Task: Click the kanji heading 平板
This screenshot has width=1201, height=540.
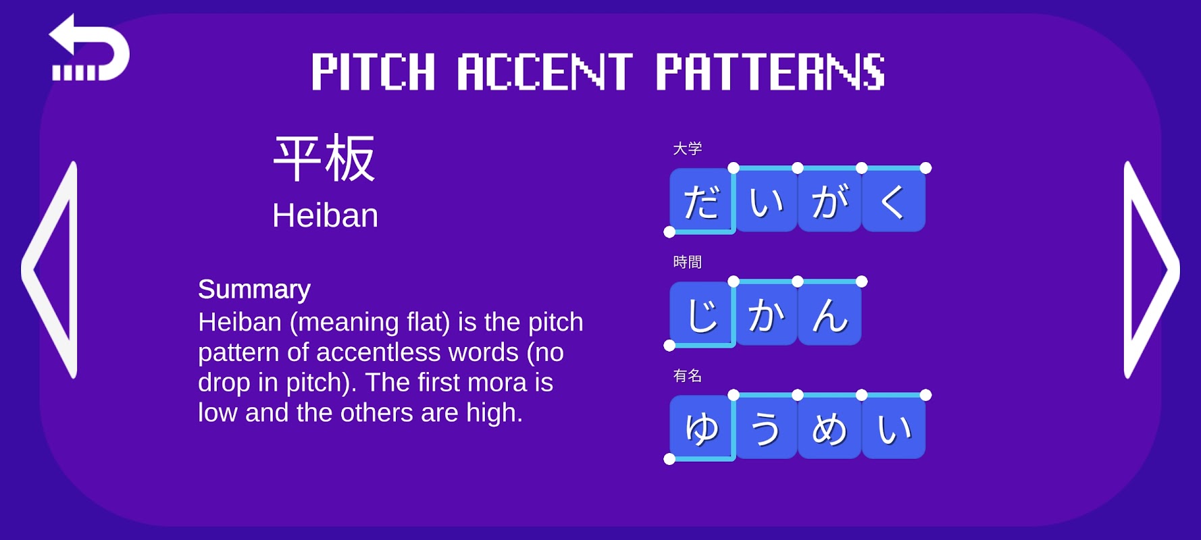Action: [324, 158]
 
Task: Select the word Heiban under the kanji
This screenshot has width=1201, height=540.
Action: [325, 216]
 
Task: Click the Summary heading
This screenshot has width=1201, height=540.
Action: [254, 290]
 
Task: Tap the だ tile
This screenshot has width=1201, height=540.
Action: [701, 200]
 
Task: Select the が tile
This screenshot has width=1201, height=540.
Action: [829, 200]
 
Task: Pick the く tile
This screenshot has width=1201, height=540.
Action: [894, 200]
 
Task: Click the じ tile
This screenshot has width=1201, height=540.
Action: [701, 314]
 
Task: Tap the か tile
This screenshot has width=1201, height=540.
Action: [765, 314]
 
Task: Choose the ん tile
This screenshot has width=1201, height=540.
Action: [829, 314]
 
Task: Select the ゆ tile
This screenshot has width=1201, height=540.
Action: [701, 427]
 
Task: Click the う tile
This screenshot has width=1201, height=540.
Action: [765, 427]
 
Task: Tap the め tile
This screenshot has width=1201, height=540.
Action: [829, 427]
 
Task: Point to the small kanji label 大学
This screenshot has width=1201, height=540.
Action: [688, 148]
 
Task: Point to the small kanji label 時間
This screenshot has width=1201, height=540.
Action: [688, 262]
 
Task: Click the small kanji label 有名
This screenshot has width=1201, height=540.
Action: [688, 375]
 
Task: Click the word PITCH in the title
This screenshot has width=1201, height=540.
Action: [373, 72]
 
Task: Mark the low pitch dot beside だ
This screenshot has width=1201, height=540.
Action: [669, 232]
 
